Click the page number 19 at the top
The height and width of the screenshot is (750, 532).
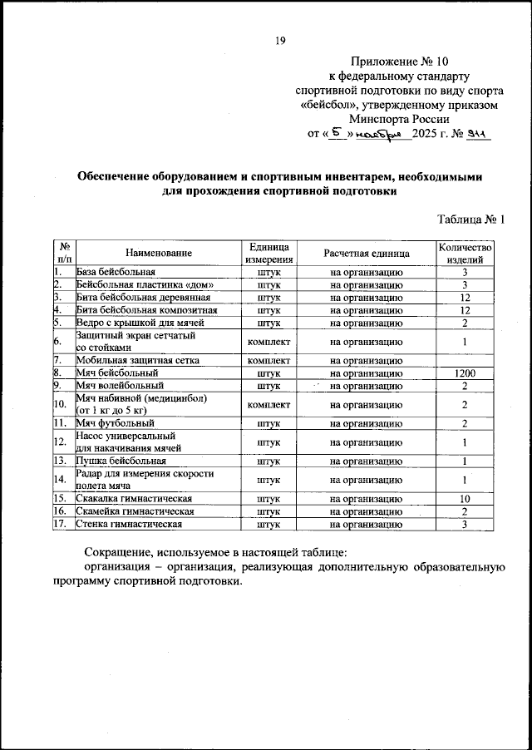(x=280, y=39)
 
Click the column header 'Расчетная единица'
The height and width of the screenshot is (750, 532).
(x=366, y=253)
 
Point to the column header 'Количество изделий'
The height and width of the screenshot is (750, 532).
(x=465, y=253)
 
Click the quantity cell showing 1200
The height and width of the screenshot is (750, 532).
(x=465, y=374)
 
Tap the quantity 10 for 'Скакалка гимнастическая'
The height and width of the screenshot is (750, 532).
(x=465, y=498)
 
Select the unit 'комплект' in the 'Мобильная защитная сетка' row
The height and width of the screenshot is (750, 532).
(x=268, y=361)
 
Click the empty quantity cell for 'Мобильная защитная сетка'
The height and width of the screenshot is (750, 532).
(x=465, y=361)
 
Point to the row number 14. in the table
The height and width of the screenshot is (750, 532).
(x=60, y=479)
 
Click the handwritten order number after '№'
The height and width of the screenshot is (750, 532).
(x=478, y=133)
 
